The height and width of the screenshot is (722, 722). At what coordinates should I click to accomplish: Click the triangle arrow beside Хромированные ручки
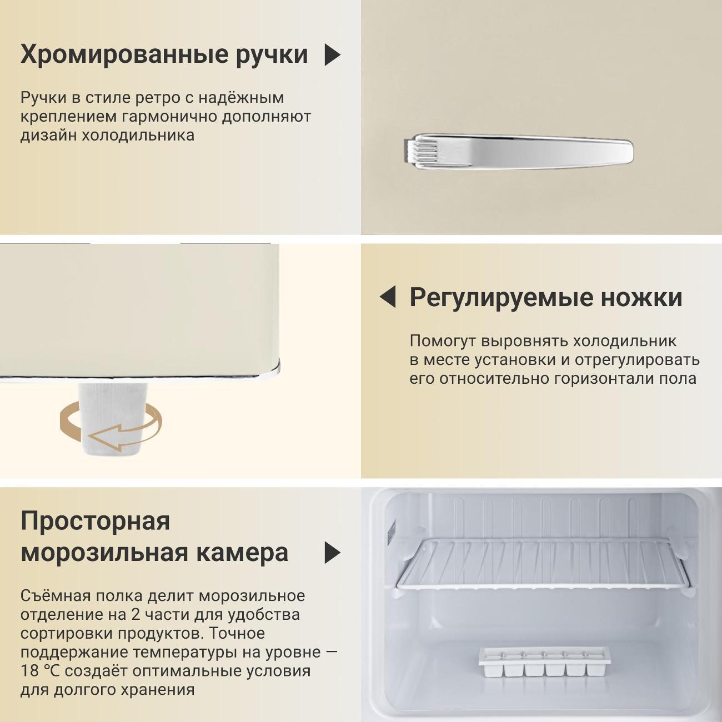click(x=332, y=55)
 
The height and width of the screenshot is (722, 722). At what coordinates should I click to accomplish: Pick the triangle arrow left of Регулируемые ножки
click(x=388, y=297)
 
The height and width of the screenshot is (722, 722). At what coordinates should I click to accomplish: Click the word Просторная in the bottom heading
click(x=95, y=521)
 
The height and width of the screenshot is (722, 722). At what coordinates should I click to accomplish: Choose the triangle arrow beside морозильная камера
click(x=332, y=553)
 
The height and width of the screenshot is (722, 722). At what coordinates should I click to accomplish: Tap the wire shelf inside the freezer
click(x=544, y=564)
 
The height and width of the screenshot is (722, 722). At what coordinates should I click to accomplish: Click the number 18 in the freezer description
click(x=30, y=671)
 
